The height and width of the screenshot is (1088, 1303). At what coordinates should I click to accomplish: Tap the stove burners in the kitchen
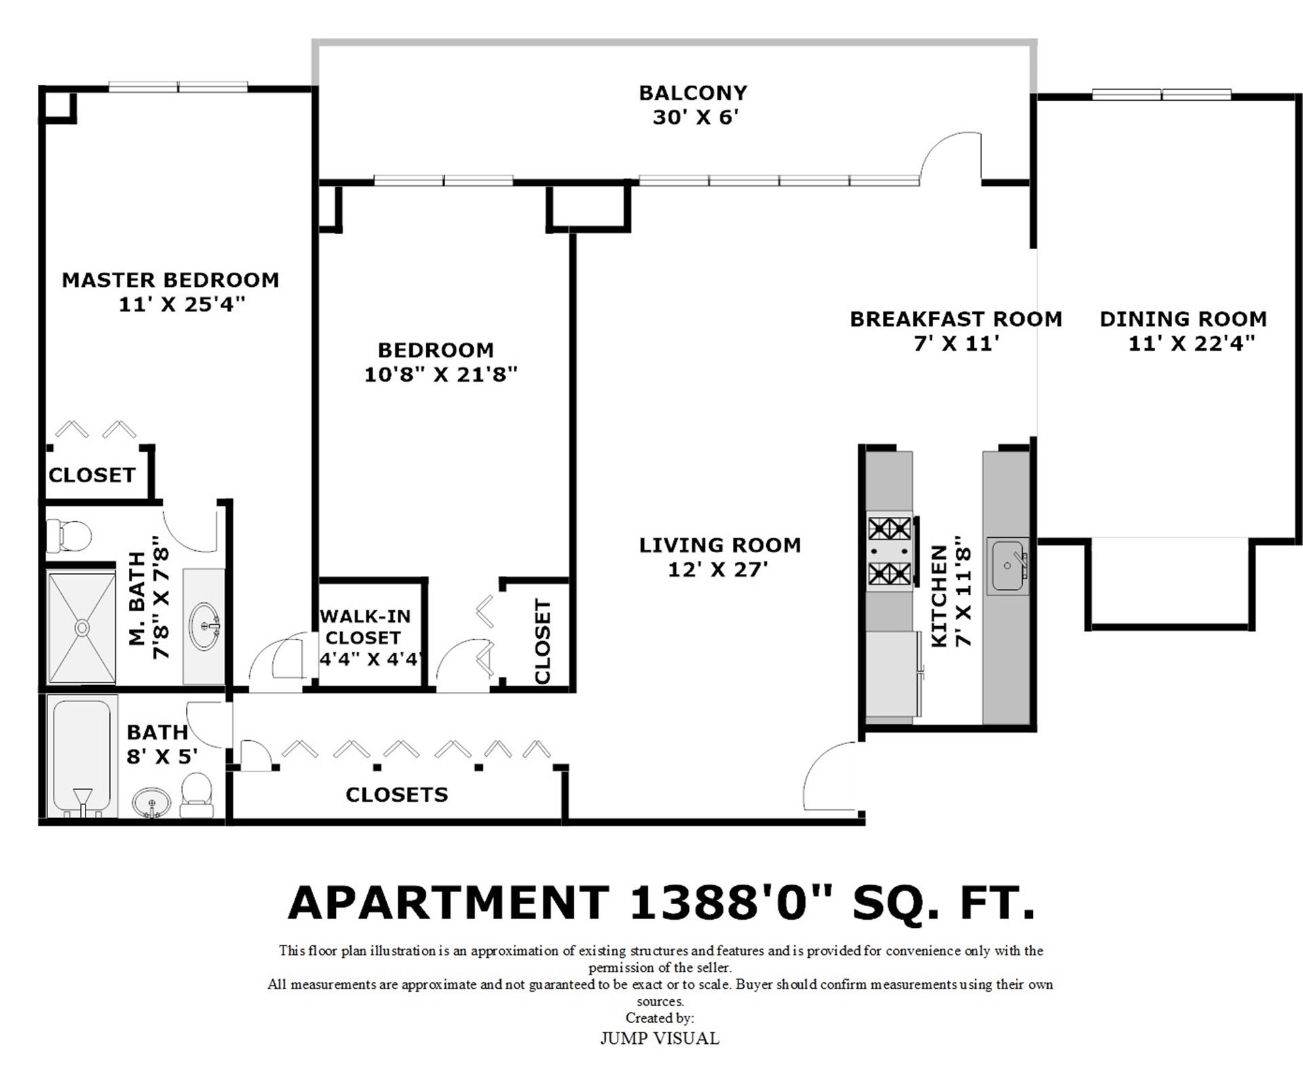[x=890, y=551]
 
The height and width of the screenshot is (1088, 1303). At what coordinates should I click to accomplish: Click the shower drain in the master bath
[x=82, y=627]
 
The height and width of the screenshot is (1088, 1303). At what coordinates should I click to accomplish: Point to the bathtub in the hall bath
[x=81, y=756]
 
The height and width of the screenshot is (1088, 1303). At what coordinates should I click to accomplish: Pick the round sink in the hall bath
[x=152, y=803]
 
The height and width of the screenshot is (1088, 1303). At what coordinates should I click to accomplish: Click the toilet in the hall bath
[x=197, y=795]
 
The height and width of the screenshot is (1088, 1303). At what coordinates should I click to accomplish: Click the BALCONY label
[x=693, y=93]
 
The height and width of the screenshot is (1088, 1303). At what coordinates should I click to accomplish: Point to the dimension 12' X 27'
[x=718, y=570]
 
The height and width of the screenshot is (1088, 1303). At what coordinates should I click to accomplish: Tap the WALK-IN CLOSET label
[x=364, y=627]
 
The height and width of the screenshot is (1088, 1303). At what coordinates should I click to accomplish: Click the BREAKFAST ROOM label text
[x=956, y=319]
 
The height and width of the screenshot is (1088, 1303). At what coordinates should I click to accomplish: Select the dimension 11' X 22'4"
[x=1191, y=343]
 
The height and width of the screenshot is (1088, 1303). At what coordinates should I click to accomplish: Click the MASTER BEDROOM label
[x=170, y=280]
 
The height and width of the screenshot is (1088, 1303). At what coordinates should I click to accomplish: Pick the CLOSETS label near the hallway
[x=397, y=795]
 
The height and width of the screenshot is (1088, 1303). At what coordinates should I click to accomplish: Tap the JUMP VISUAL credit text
[x=660, y=1038]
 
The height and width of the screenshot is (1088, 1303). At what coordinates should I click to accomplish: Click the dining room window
[x=1162, y=95]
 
